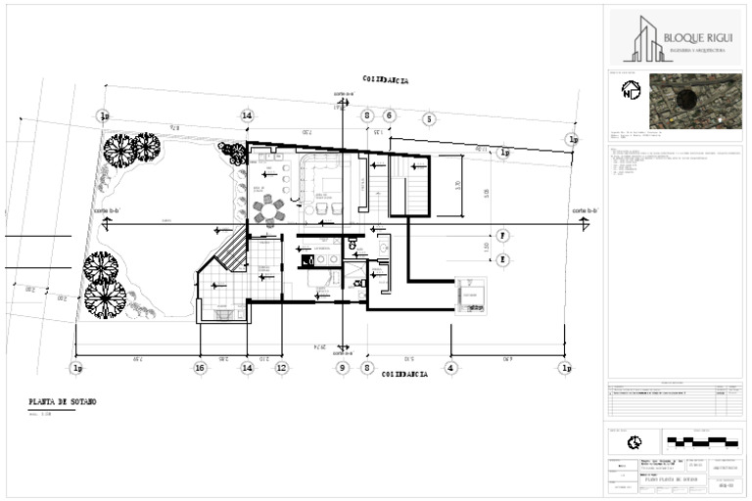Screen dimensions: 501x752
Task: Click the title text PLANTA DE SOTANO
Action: click(63, 402)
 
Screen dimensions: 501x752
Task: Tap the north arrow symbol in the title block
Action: click(631, 91)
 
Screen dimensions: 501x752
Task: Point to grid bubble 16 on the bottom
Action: click(200, 368)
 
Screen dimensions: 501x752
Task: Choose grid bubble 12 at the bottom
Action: click(282, 368)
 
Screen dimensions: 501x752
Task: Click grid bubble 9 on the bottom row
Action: click(342, 368)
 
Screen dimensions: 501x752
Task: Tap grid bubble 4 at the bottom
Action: click(450, 368)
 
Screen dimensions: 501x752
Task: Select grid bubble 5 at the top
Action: click(429, 119)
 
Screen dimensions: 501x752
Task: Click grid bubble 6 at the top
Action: click(389, 115)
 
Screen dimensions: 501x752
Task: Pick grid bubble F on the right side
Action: click(501, 236)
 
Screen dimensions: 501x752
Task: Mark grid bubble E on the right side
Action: click(501, 259)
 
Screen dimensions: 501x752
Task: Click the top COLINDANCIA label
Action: click(386, 80)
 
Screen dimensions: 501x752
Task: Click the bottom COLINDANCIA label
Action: click(404, 375)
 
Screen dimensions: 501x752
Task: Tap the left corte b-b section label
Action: click(106, 211)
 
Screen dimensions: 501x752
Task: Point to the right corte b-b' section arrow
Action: click(586, 212)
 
